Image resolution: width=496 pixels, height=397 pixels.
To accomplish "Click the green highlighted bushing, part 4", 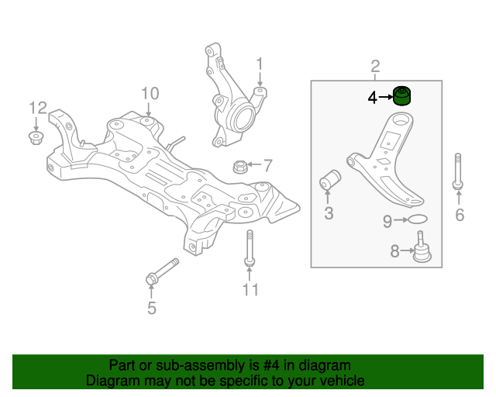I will tap(402, 96).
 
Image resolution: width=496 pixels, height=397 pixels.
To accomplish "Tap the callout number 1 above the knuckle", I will tap(260, 64).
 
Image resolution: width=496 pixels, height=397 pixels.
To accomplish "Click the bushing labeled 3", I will tap(330, 181).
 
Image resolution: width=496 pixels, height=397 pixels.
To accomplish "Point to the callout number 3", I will tap(329, 213).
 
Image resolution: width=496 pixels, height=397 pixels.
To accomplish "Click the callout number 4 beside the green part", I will tap(373, 98).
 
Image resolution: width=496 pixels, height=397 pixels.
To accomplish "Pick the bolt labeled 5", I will tap(160, 271).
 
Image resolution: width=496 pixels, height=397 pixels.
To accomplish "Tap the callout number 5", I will tap(152, 309).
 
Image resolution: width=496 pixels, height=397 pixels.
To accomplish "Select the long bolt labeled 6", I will tap(458, 172).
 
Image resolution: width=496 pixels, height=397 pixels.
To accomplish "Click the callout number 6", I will tap(460, 215).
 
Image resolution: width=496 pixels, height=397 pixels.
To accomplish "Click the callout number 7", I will tap(267, 165).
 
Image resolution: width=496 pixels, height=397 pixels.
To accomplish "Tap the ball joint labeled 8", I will tap(422, 250).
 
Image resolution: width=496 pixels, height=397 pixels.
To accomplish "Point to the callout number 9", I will tap(387, 222).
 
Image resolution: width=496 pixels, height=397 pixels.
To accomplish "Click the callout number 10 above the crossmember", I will tap(150, 94).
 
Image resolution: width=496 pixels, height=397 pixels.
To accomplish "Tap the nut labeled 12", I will tap(36, 138).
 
